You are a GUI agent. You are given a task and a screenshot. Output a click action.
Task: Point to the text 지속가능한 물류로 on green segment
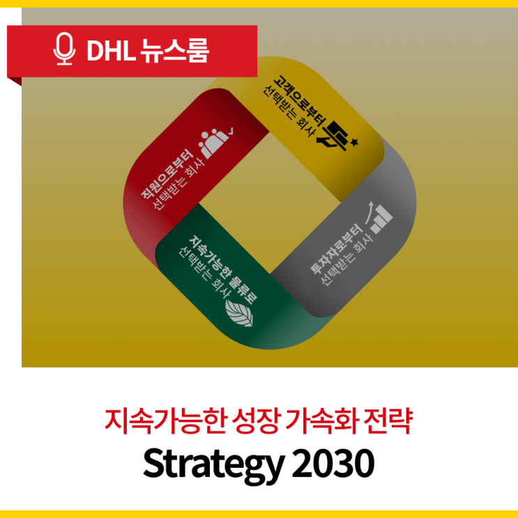[222, 267]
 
